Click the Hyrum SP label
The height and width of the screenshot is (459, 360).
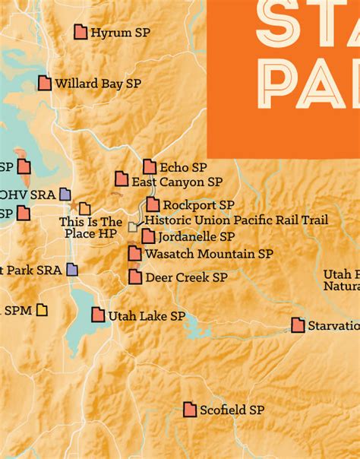pos(120,33)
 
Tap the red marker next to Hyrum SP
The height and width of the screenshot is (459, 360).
pos(81,32)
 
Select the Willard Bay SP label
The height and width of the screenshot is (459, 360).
pos(98,84)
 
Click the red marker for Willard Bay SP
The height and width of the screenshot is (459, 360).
pos(45,83)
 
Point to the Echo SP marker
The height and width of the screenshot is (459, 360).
pos(150,166)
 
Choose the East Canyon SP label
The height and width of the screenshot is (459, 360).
pos(177,182)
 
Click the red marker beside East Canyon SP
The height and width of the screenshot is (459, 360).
pos(122,179)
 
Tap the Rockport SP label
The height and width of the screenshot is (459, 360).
pos(198,205)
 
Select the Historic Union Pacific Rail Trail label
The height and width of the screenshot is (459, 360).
pos(236,220)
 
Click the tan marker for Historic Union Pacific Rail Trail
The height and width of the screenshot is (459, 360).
pos(134,226)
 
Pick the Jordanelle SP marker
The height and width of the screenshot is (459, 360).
pos(148,236)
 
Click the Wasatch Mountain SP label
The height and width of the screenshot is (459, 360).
pos(208,254)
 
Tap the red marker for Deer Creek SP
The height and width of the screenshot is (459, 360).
pos(135,277)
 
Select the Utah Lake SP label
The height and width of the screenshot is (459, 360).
pos(147,315)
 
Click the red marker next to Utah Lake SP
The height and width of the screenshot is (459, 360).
pos(99,315)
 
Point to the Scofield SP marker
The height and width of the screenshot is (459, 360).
pos(190,410)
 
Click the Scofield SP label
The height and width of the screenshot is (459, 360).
pos(232,410)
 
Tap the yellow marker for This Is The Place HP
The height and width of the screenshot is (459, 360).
pos(85,208)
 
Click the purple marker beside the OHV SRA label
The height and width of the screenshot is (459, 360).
pos(65,194)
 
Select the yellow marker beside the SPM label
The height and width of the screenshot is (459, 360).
pos(42,309)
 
